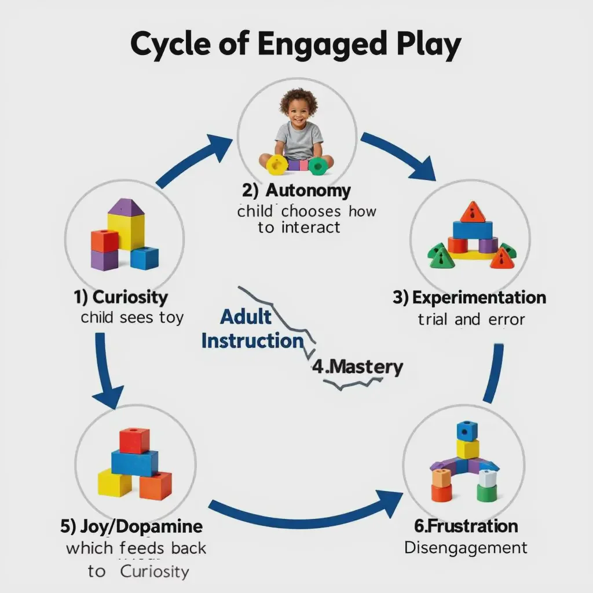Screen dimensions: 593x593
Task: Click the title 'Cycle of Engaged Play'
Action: pos(296,45)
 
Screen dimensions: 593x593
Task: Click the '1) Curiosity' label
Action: pos(121,298)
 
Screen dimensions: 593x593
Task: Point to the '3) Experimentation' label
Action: pos(469,298)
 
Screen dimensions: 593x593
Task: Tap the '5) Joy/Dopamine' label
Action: pos(131,526)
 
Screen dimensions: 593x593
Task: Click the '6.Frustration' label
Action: pos(466,526)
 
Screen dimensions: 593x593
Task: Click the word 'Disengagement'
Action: pos(466,547)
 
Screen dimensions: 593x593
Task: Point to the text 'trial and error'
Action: pos(471,319)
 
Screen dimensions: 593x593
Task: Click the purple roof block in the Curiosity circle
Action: pos(126,207)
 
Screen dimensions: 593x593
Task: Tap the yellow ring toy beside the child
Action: pos(277,164)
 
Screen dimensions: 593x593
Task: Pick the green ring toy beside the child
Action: pos(317,166)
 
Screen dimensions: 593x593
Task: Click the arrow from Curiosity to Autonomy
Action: pos(197,160)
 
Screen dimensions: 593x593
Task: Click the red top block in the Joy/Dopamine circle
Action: pos(134,440)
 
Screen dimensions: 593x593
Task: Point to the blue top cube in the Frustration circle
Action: pos(466,431)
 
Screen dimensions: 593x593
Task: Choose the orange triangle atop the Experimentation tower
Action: pos(473,213)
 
